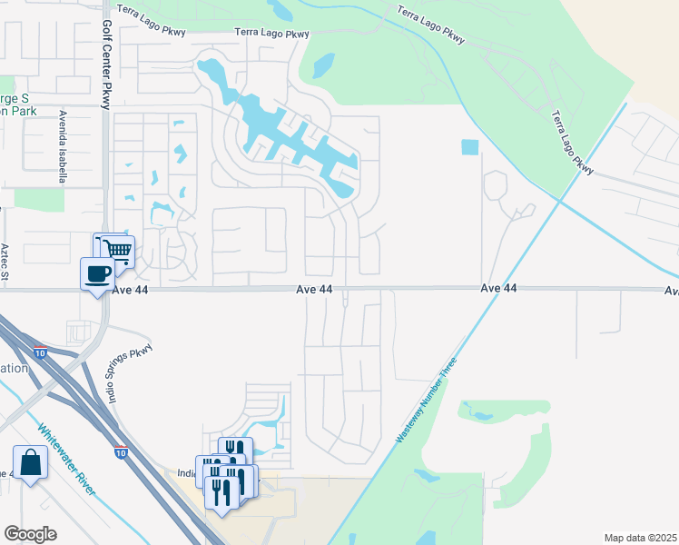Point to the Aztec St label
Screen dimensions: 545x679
pos(5,260)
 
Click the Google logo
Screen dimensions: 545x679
pos(30,534)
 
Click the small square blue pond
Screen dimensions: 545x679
pos(469,147)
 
